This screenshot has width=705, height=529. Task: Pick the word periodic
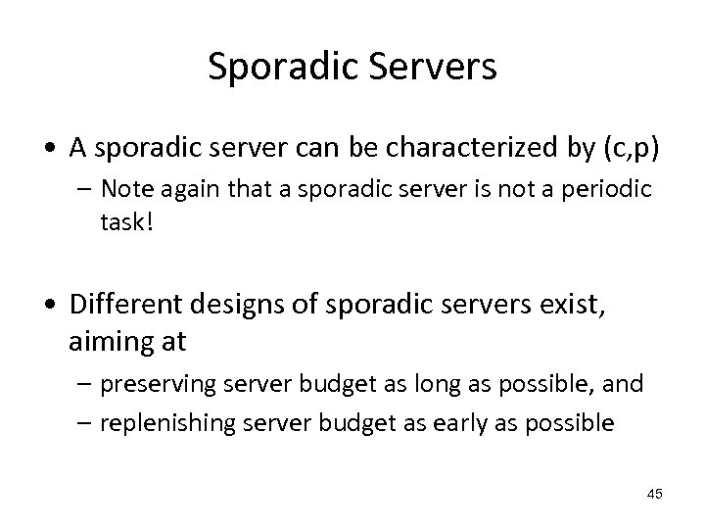(604, 190)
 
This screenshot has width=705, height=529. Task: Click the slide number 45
(655, 494)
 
